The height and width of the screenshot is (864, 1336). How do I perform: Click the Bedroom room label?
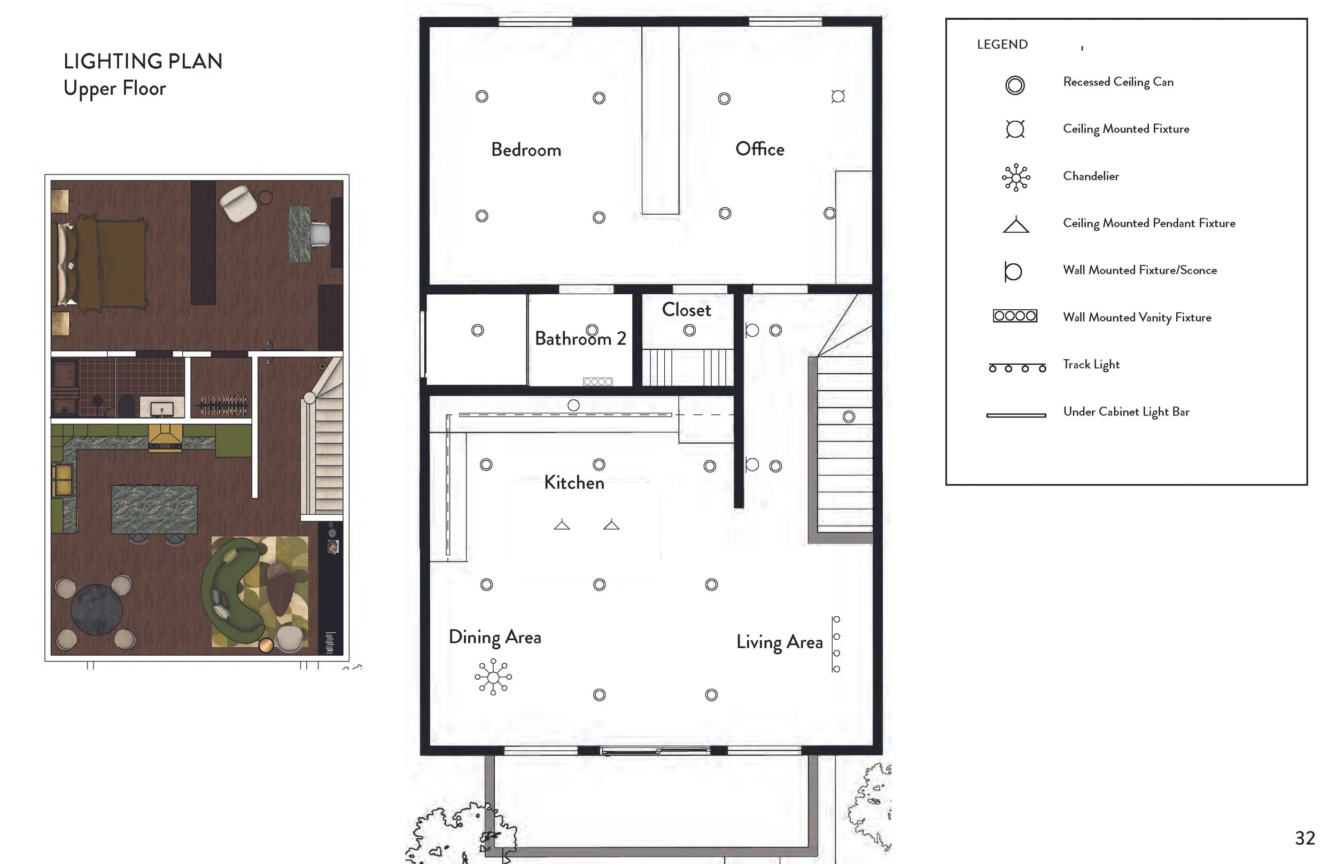[x=526, y=150]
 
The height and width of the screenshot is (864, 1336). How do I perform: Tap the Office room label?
[x=760, y=148]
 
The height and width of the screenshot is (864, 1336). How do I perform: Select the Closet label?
[x=687, y=310]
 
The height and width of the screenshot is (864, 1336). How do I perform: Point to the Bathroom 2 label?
[x=580, y=339]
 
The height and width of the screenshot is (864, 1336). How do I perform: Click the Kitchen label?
[x=574, y=483]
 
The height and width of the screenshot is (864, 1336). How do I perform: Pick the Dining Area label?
[x=495, y=638]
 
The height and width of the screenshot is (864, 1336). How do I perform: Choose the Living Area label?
[x=780, y=642]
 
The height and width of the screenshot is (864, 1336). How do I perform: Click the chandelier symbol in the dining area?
[x=493, y=677]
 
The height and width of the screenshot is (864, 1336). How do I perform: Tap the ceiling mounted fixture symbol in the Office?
[x=838, y=97]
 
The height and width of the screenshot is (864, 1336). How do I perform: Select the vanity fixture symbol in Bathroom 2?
[x=598, y=381]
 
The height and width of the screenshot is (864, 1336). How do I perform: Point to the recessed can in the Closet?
[x=689, y=331]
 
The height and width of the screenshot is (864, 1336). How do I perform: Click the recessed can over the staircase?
[x=849, y=417]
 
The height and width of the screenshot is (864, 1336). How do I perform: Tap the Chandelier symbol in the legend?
[x=1016, y=178]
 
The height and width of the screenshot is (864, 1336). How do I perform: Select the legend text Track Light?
[x=1091, y=365]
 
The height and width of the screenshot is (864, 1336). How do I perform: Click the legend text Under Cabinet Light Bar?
[x=1126, y=412]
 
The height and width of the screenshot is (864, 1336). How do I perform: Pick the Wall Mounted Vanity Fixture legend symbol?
[x=1015, y=316]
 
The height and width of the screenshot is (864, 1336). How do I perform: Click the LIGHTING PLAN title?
[x=143, y=61]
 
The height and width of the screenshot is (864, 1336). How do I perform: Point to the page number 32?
[x=1304, y=838]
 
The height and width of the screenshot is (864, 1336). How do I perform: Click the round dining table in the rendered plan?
[x=97, y=610]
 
